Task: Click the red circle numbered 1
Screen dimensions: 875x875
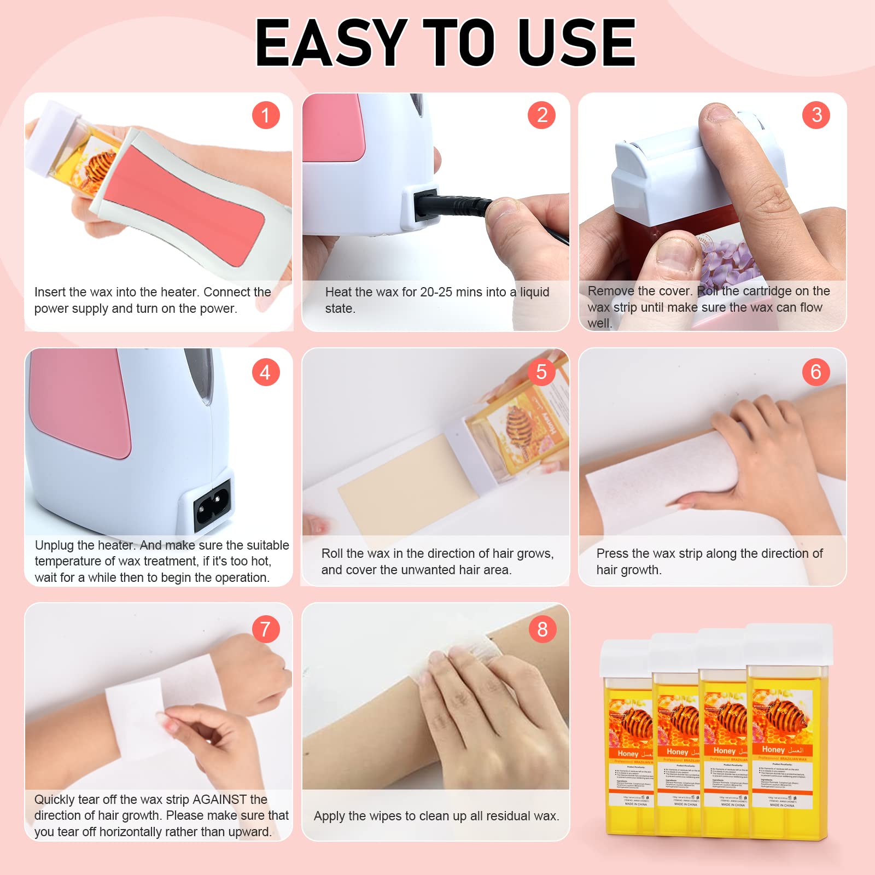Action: tap(266, 115)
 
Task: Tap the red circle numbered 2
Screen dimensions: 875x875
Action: tap(542, 115)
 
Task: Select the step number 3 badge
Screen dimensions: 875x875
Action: tap(816, 115)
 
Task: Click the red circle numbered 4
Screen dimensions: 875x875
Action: tap(266, 372)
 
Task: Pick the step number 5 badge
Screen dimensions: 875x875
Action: tap(541, 372)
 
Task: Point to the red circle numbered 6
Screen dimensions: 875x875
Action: tap(816, 372)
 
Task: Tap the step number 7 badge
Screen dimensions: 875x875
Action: tap(266, 629)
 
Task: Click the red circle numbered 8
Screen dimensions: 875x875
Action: tap(542, 629)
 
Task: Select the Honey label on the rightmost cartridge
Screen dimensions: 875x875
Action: tap(773, 750)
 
